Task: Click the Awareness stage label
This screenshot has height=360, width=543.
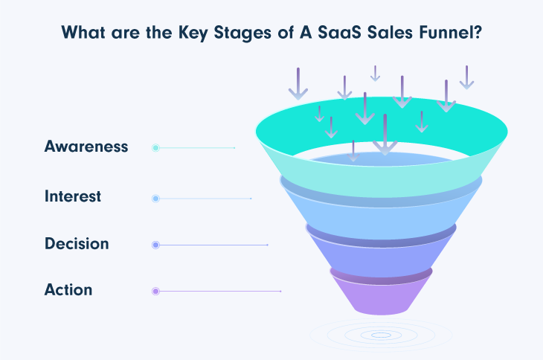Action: point(86,147)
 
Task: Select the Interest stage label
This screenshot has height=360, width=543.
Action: point(73,196)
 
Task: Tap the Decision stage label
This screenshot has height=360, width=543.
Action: point(77,244)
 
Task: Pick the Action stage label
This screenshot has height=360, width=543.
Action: point(68,290)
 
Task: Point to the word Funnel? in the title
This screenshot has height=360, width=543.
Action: point(450,32)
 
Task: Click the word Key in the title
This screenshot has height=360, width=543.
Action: point(193,33)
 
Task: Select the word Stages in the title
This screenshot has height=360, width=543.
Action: point(242,33)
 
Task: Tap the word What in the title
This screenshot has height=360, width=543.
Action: point(83,32)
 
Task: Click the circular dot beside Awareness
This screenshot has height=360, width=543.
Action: point(155,148)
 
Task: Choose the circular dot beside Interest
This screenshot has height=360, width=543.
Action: point(155,199)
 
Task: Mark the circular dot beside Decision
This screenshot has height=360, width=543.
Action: point(155,245)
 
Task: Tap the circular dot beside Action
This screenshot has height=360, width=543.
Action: point(155,291)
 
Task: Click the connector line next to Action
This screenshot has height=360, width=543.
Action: point(220,291)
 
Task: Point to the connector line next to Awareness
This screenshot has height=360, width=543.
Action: point(197,148)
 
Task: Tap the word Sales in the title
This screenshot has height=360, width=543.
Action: point(390,32)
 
